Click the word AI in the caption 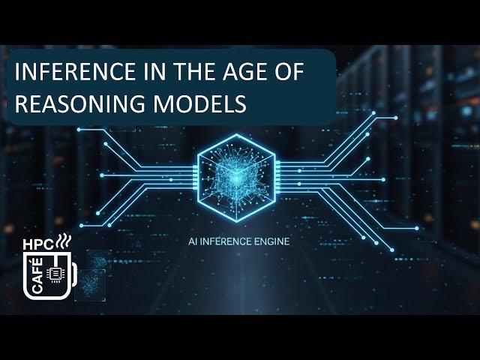(198, 242)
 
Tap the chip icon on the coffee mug (55, 275)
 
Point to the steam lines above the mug (67, 241)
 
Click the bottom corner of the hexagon (235, 222)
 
